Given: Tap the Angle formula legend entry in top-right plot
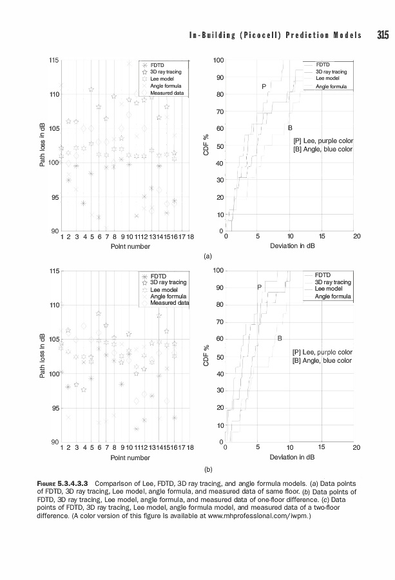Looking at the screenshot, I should click(331, 86).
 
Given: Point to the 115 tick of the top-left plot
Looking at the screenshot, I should click(55, 60).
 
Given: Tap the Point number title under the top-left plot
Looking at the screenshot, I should click(130, 246).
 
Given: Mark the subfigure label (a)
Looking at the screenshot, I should click(207, 256).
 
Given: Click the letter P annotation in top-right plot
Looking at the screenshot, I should click(264, 86).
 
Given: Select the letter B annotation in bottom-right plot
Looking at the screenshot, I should click(280, 338).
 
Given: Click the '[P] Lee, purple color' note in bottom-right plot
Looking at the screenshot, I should click(322, 352).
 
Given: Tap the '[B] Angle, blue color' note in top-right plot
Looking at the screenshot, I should click(323, 149).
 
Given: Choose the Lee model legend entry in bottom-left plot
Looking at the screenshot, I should click(164, 289).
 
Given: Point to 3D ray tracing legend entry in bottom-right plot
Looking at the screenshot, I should click(332, 282).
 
